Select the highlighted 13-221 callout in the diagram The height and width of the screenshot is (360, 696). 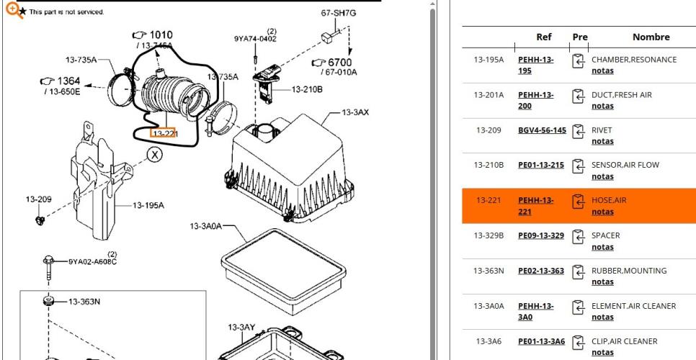(x=164, y=132)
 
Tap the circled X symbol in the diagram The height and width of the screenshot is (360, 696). (x=154, y=155)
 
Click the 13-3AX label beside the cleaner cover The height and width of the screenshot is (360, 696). (x=355, y=112)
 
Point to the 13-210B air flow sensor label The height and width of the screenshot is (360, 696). (x=307, y=89)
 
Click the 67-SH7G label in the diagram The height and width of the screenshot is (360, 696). (x=339, y=13)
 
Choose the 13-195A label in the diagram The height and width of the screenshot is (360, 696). (x=148, y=205)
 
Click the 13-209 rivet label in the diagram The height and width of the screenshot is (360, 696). (x=39, y=199)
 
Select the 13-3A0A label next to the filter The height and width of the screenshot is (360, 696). (x=205, y=226)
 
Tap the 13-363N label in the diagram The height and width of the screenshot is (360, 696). (x=84, y=302)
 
